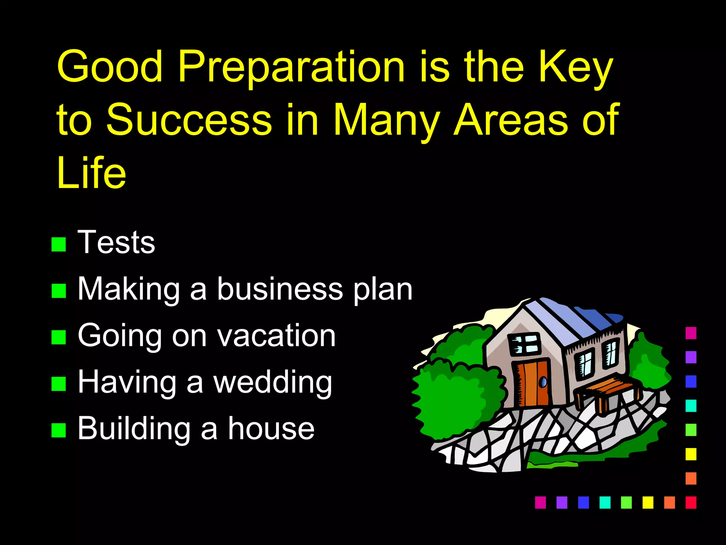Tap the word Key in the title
[x=575, y=67]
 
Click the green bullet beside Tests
[x=58, y=244]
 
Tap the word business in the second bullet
[x=280, y=289]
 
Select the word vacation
[x=276, y=336]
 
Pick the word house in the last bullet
[x=271, y=429]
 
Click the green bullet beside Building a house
[x=58, y=430]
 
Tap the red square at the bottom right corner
[x=691, y=502]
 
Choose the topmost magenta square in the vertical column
[x=691, y=333]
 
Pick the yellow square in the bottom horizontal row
[x=648, y=502]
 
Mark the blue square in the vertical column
[x=691, y=381]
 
